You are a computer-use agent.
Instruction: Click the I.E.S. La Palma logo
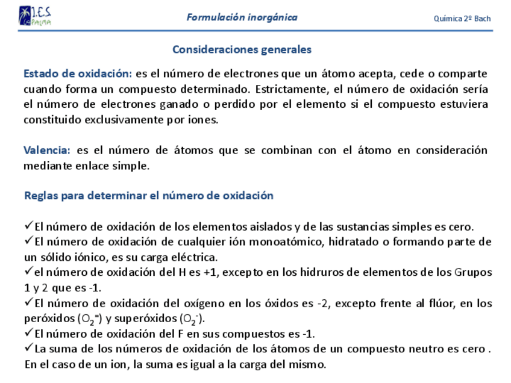(34, 16)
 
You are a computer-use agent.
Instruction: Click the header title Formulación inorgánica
(242, 17)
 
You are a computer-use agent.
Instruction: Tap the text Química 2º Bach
(462, 19)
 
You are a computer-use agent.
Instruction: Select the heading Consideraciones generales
(242, 49)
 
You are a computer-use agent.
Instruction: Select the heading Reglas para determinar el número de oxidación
(149, 196)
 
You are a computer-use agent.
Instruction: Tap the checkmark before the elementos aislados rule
(29, 226)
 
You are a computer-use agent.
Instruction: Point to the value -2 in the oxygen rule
(323, 303)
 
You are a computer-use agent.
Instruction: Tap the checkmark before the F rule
(29, 333)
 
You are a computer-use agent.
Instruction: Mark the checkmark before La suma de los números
(29, 348)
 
